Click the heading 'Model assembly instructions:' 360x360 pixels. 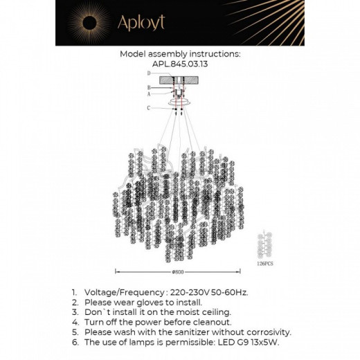pyautogui.click(x=179, y=53)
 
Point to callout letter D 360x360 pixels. pyautogui.click(x=148, y=73)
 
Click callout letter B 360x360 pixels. pyautogui.click(x=148, y=88)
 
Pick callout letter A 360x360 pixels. pyautogui.click(x=148, y=93)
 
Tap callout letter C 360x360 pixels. pyautogui.click(x=148, y=108)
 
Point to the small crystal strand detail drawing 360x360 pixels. pyautogui.click(x=264, y=244)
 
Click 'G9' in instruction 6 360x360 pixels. pyautogui.click(x=239, y=342)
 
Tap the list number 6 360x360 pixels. pyautogui.click(x=75, y=342)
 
